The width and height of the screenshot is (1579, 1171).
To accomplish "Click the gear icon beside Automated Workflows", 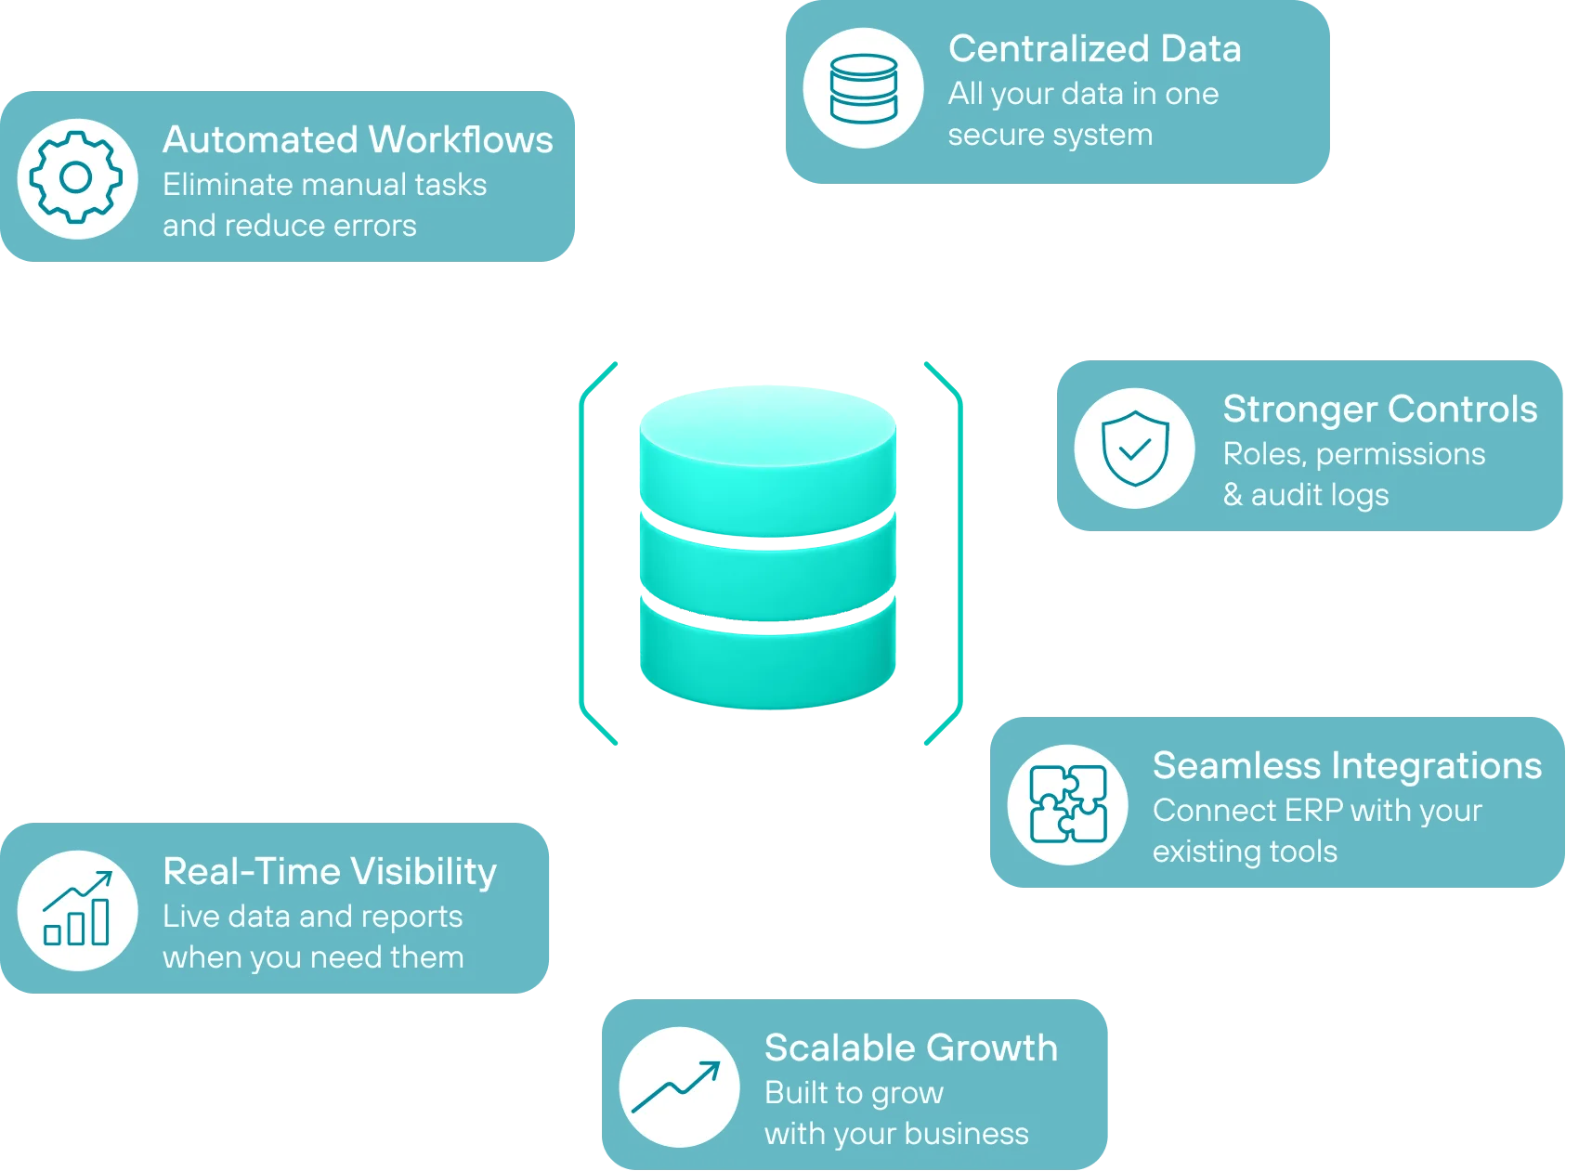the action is [76, 177].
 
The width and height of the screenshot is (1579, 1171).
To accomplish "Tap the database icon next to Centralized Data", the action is [864, 88].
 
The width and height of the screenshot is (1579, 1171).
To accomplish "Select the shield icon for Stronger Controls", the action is [1135, 449].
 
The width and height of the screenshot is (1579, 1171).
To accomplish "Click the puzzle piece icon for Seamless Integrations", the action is [1068, 804].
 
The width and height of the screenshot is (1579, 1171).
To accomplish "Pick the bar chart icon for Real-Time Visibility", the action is [77, 908].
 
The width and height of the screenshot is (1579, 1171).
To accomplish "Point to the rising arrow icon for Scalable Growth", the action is [676, 1086].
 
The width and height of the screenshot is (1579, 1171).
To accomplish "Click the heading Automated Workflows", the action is [358, 140].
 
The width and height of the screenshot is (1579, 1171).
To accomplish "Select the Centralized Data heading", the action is [1095, 49].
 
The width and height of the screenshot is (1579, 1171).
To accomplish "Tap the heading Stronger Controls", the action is [1380, 410].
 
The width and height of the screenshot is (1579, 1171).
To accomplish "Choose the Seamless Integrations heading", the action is [1347, 766].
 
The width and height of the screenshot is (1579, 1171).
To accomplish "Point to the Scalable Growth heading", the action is [911, 1048].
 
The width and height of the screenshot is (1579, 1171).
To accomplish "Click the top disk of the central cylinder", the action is [768, 460].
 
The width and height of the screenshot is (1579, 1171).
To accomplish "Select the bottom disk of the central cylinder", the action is [768, 656].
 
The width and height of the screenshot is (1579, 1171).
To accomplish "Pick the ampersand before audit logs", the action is [1233, 494].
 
